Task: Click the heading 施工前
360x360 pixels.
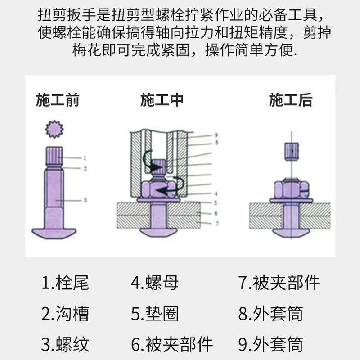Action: [58, 100]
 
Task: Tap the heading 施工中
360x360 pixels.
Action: [162, 100]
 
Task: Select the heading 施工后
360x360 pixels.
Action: [291, 100]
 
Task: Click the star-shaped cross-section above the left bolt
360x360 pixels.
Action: [54, 129]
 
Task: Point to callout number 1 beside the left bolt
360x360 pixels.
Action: [84, 157]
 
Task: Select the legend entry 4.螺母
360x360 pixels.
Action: [155, 283]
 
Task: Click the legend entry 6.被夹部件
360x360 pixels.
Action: [171, 344]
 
